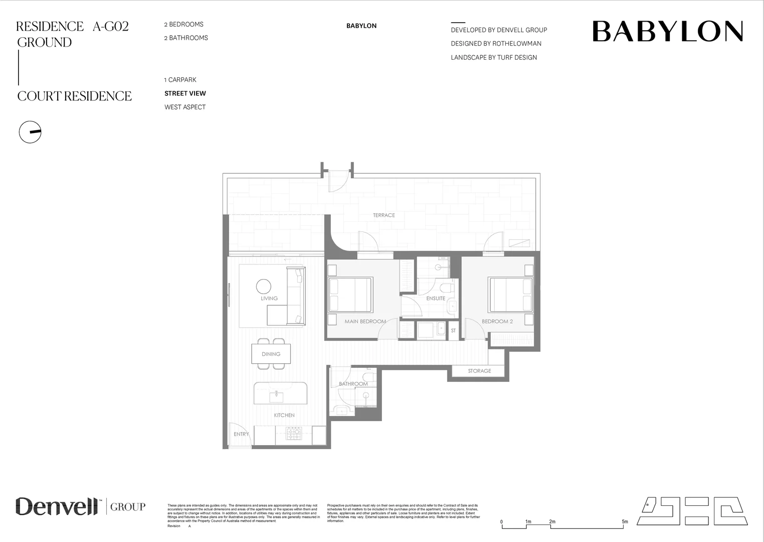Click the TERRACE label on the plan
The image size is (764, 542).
click(384, 215)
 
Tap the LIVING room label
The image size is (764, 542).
click(269, 299)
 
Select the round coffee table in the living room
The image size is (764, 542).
click(264, 286)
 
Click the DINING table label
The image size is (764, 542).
click(271, 354)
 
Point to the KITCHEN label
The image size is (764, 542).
click(284, 416)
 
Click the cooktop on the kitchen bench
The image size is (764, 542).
click(293, 433)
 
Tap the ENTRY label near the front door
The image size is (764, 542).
click(241, 435)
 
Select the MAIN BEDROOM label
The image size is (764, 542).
click(365, 322)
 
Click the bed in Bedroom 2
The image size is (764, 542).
click(511, 295)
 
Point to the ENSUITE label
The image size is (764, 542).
click(436, 299)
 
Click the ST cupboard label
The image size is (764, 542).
click(453, 331)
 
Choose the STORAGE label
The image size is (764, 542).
click(479, 371)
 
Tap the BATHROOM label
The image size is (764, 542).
click(353, 384)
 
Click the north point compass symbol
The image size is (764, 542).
click(30, 132)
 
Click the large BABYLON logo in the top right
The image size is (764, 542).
click(667, 32)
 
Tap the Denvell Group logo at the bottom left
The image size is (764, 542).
click(80, 506)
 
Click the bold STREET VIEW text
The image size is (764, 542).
click(185, 93)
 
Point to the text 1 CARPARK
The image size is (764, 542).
click(180, 80)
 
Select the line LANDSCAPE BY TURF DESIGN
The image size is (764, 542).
click(494, 58)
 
